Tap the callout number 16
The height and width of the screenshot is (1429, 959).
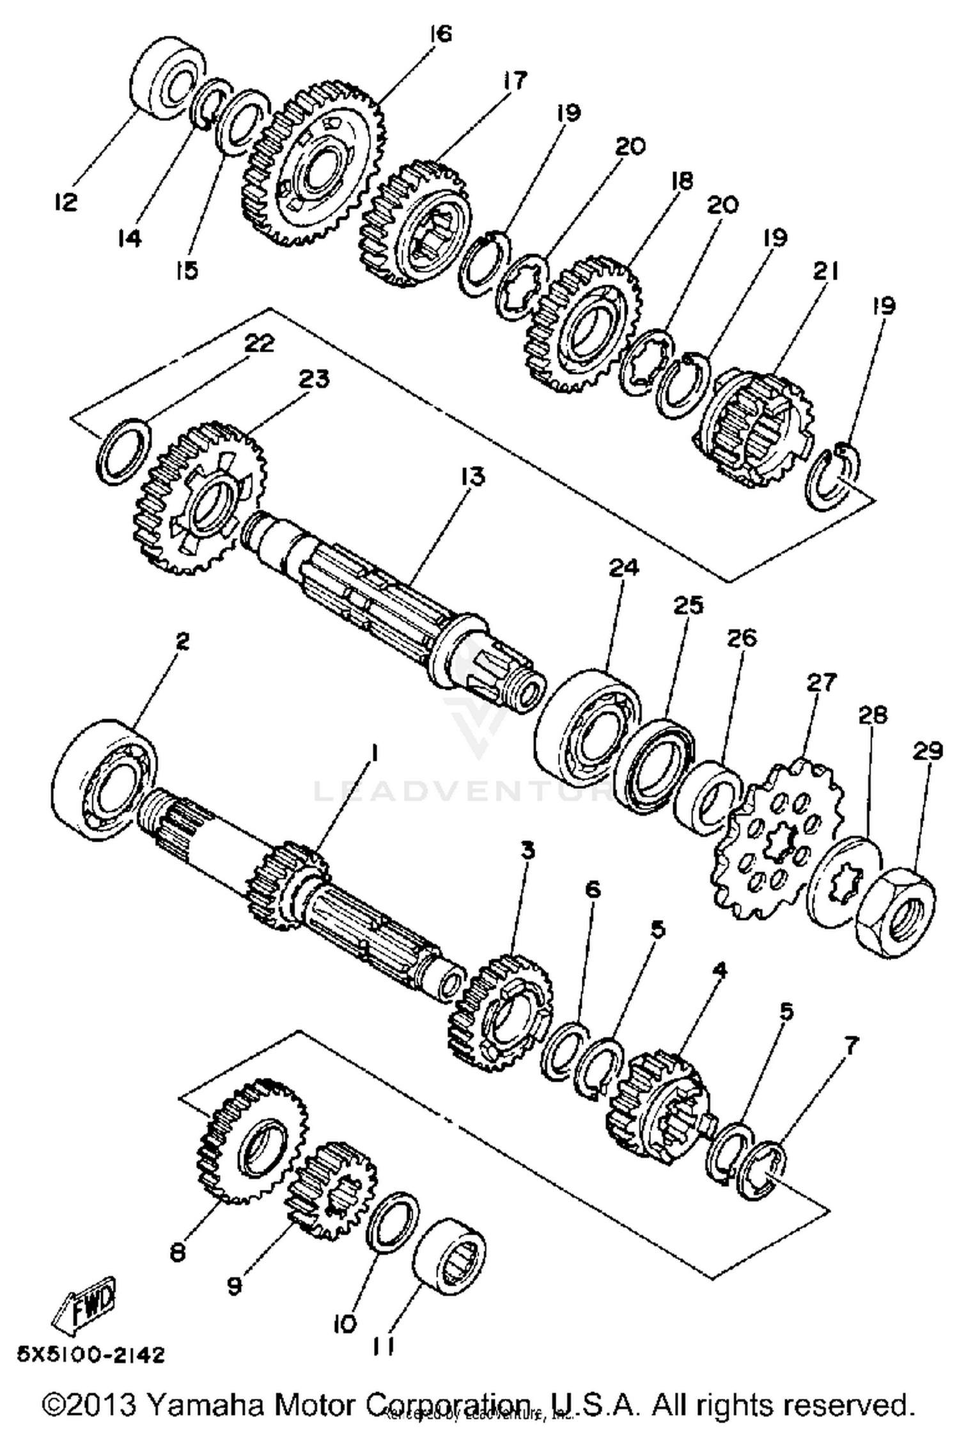(441, 34)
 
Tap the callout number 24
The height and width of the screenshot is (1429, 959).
(623, 568)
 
